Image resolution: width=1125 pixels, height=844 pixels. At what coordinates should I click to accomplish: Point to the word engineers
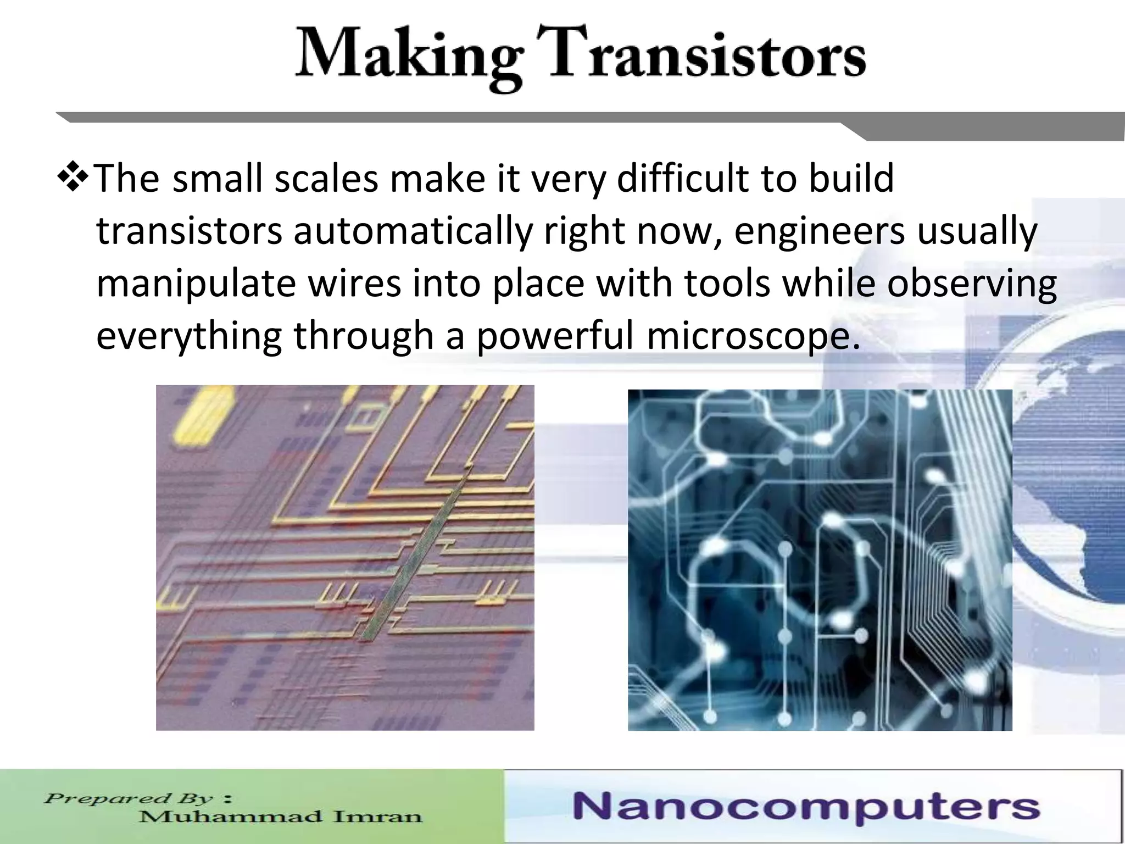819,231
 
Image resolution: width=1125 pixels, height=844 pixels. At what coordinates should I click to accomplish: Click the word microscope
753,336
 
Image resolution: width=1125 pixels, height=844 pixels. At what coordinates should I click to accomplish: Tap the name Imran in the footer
378,817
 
